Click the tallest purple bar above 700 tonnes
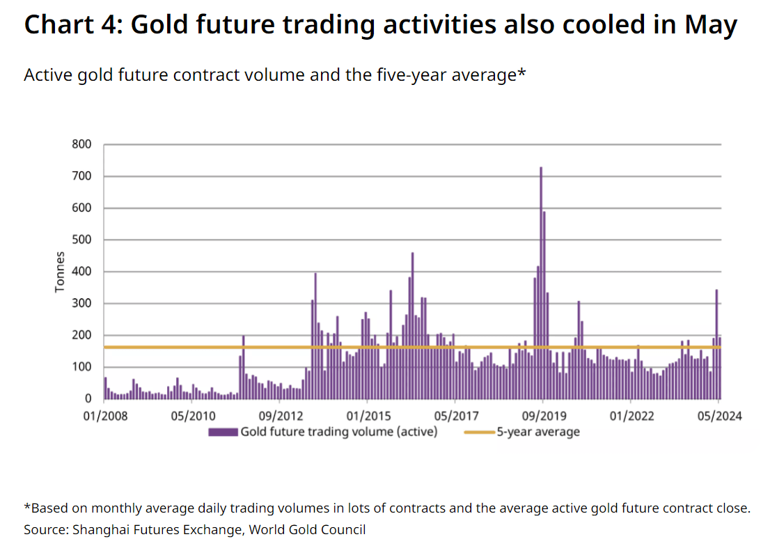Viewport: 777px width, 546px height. [541, 283]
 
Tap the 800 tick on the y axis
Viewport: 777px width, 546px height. [81, 144]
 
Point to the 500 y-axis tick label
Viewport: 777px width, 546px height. [81, 240]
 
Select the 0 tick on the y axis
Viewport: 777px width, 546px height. [88, 399]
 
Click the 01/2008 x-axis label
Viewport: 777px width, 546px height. [105, 416]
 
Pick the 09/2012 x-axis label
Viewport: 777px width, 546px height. [281, 416]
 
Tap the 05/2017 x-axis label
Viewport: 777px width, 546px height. [457, 416]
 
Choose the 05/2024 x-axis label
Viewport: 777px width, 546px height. [719, 416]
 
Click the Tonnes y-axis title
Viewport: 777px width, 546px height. [60, 272]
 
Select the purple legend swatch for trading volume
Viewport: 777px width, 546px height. [223, 432]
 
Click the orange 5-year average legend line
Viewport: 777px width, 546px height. [480, 432]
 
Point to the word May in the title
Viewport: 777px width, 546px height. [711, 25]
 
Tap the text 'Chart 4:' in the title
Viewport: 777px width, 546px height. [73, 24]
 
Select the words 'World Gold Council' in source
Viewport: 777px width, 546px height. [307, 530]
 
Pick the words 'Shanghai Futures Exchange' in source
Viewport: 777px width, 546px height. [157, 530]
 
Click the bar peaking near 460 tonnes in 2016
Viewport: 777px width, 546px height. [412, 325]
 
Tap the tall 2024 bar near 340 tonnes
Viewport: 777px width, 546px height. [716, 344]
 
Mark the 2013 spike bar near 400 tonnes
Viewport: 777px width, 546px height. [315, 336]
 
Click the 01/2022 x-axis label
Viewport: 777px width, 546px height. [631, 416]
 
